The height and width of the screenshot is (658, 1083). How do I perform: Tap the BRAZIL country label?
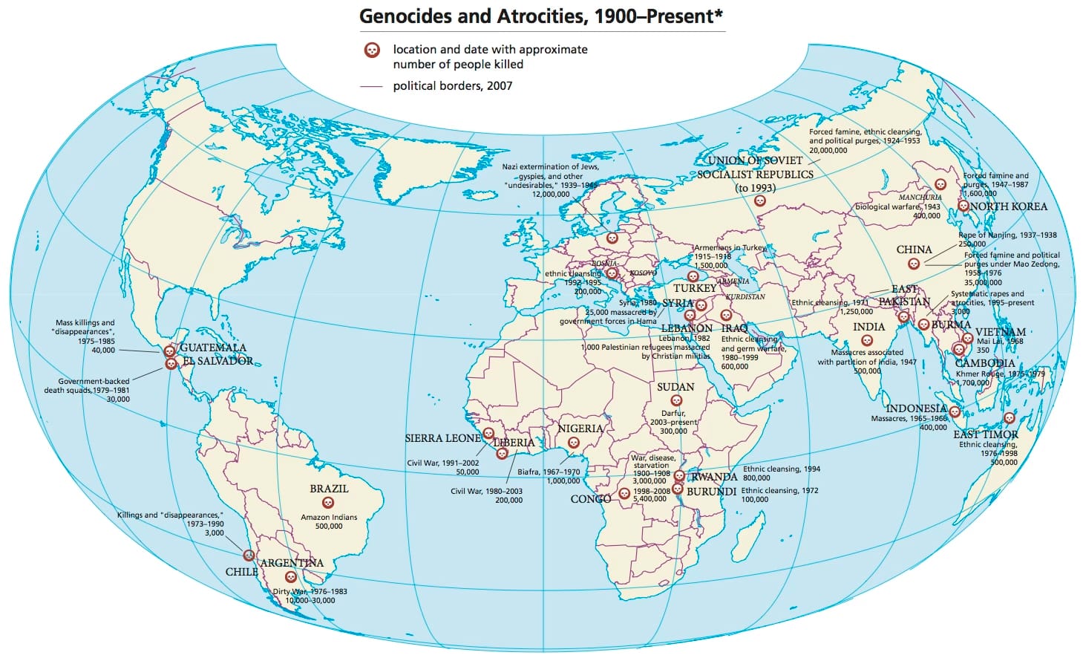329,489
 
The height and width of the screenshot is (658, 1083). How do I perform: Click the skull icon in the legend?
372,51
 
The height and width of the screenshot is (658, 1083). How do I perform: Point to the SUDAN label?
675,387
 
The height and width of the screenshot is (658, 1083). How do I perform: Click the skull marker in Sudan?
675,401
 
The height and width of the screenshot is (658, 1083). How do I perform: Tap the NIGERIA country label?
580,429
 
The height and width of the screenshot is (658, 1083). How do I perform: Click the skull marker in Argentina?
291,576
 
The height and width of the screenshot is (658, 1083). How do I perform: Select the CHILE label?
241,572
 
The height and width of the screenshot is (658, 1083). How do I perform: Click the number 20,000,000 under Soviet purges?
828,150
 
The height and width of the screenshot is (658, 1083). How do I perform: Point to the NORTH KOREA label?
1008,206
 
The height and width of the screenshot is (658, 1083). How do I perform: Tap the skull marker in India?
866,341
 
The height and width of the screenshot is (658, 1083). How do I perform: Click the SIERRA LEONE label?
442,438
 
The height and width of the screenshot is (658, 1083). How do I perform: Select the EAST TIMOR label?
985,434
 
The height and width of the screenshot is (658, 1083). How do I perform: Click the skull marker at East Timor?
1008,418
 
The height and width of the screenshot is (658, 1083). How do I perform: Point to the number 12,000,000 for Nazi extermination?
551,194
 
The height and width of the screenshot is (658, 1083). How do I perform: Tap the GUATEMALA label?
212,348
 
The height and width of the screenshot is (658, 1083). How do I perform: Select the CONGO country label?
590,499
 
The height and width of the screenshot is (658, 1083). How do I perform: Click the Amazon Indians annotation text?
329,517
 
